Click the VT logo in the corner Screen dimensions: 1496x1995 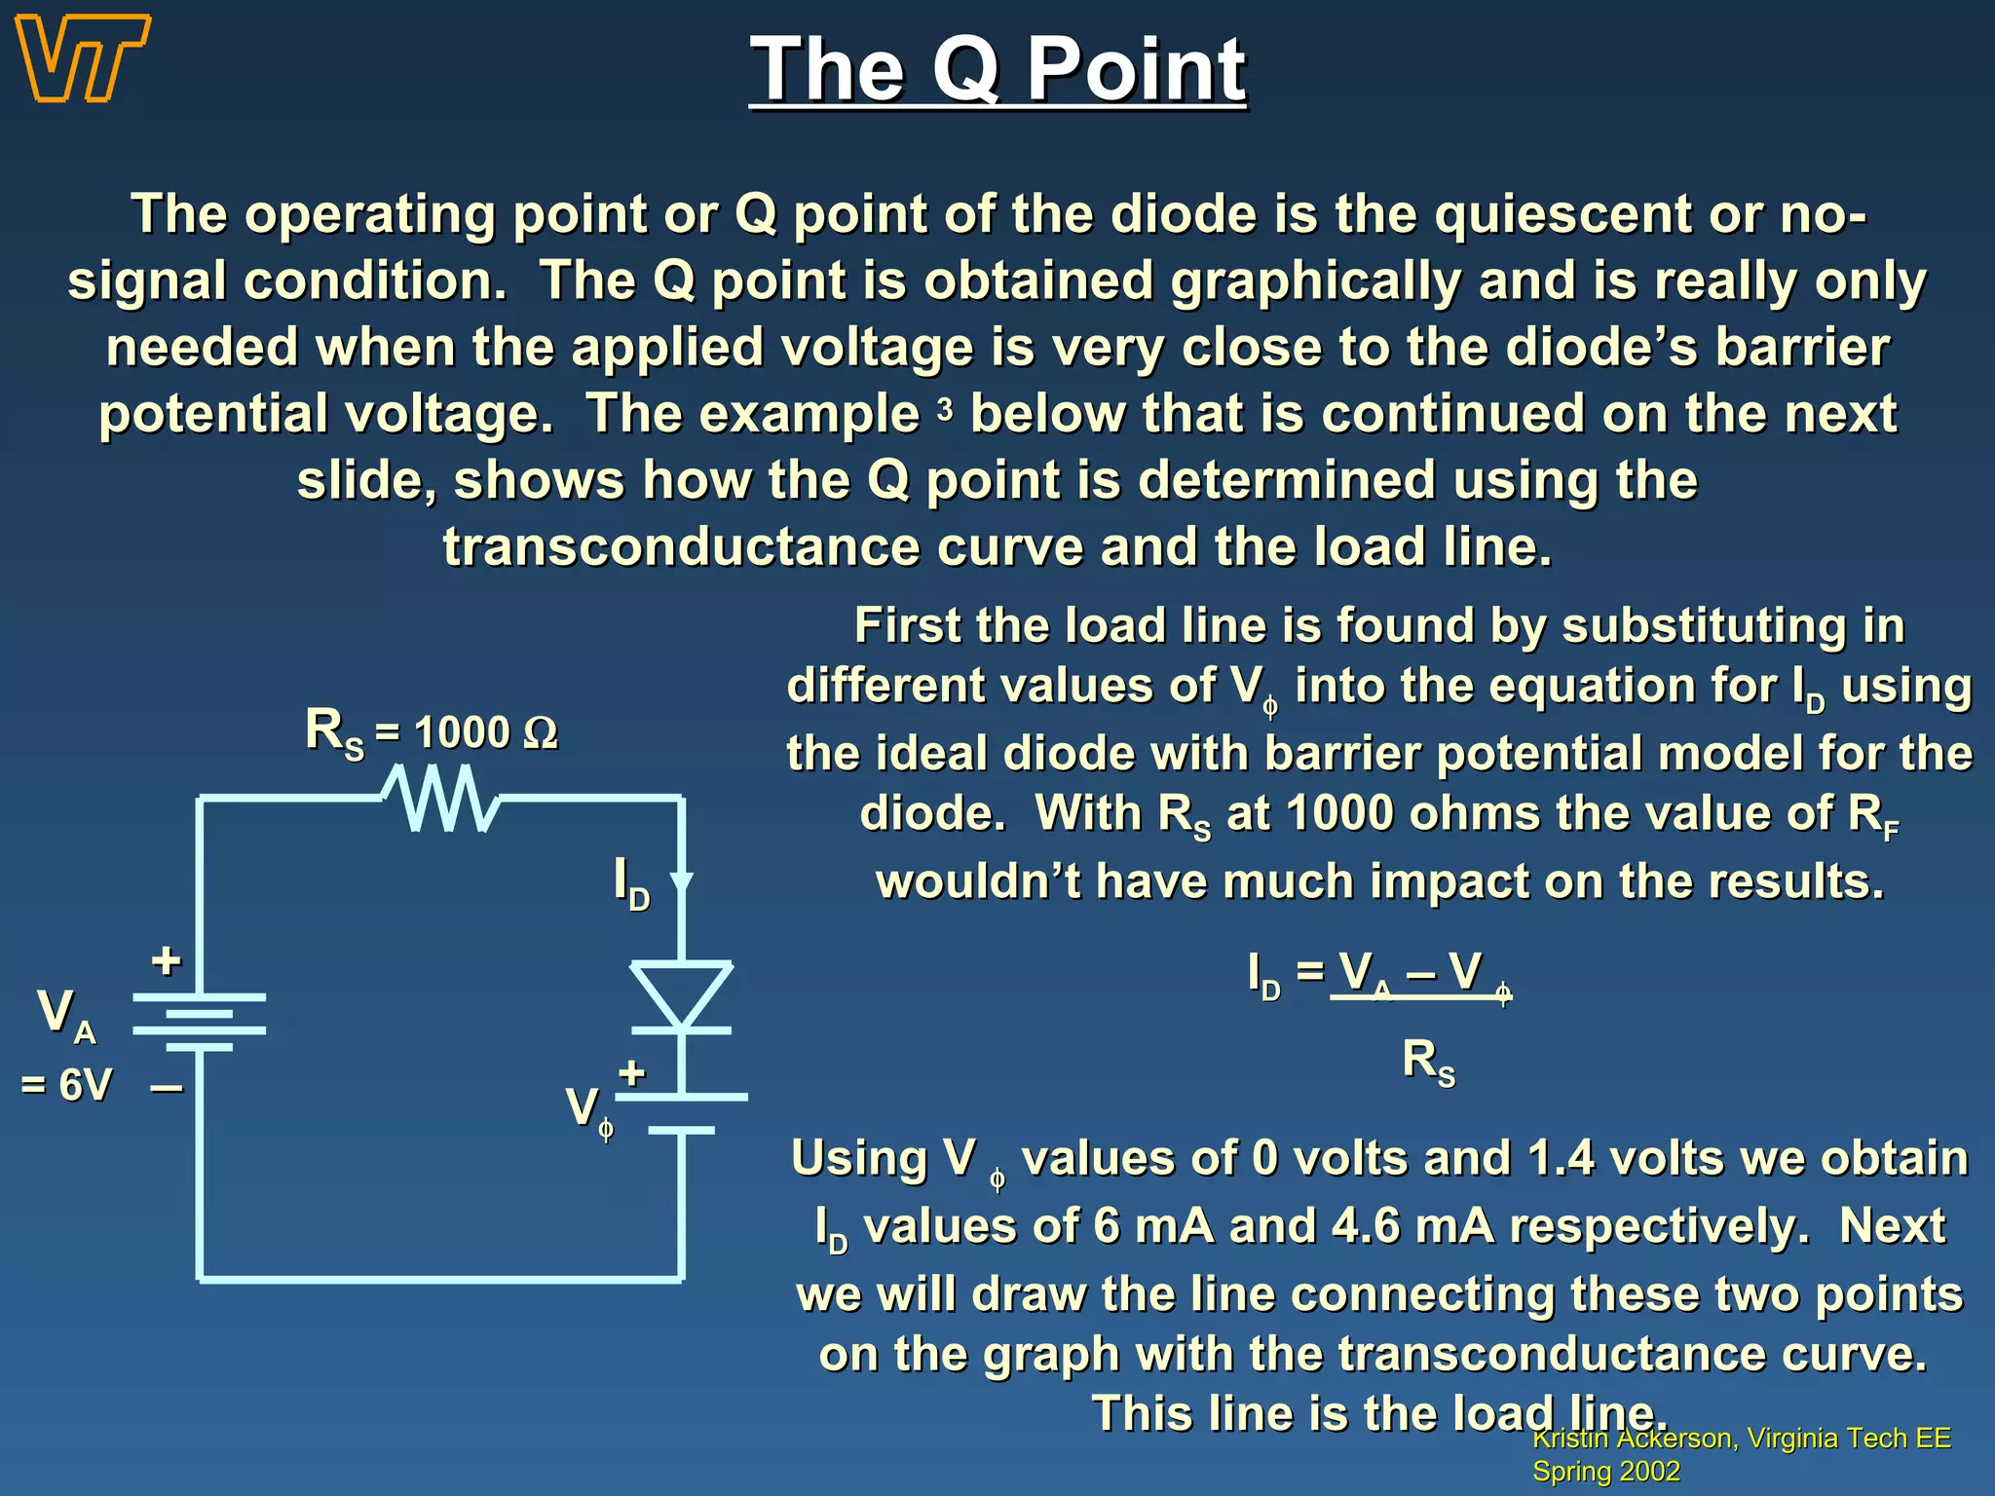[84, 58]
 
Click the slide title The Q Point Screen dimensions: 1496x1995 [997, 70]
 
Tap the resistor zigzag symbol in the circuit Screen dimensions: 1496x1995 [441, 799]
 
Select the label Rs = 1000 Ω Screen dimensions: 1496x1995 [432, 732]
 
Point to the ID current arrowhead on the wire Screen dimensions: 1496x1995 [682, 882]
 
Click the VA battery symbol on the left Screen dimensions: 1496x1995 [199, 1023]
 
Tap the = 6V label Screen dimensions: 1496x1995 [66, 1085]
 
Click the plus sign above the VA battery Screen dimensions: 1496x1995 [167, 961]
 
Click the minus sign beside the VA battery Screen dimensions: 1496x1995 [167, 1088]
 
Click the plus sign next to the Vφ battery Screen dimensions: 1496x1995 [632, 1073]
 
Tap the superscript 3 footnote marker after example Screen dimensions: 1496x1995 [944, 410]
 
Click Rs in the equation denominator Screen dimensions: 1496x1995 [1428, 1062]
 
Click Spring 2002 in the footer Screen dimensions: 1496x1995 [1606, 1471]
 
